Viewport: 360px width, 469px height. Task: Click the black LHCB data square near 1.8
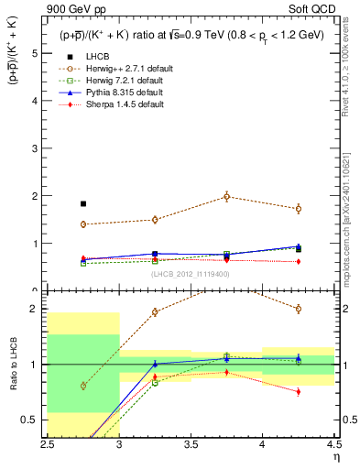click(x=83, y=204)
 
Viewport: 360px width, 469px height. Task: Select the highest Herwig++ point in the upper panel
click(x=227, y=196)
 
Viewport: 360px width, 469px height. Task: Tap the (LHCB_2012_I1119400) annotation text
click(x=191, y=273)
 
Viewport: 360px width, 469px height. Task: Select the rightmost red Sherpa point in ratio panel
click(x=299, y=391)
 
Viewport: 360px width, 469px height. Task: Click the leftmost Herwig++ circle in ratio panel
click(x=83, y=386)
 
